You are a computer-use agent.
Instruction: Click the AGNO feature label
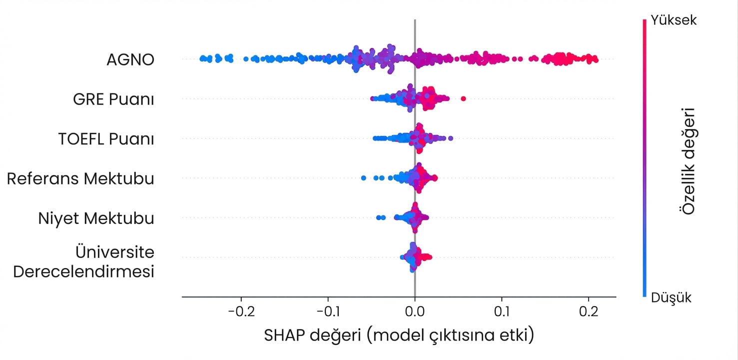coord(130,59)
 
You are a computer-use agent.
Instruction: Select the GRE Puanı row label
coord(113,99)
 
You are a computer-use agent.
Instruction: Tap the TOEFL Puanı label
coord(106,139)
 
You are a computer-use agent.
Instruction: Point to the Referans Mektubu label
coord(80,178)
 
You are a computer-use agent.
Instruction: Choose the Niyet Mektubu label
coord(96,218)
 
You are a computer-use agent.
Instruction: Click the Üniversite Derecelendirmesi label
coord(83,262)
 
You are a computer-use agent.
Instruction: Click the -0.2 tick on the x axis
coord(241,311)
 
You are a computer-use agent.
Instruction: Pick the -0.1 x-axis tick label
coord(328,311)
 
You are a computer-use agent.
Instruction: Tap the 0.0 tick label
coord(415,311)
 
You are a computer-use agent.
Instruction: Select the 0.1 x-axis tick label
coord(502,311)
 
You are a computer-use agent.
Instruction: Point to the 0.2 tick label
coord(589,311)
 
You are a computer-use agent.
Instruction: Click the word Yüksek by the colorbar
coord(674,20)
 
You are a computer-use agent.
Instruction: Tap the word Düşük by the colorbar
coord(671,297)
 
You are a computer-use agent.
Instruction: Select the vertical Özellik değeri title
coord(688,161)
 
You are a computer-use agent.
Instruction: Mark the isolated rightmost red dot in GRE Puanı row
coord(463,98)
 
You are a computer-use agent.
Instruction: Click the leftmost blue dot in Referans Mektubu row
coord(363,178)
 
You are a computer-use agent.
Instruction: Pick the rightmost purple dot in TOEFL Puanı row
coord(451,138)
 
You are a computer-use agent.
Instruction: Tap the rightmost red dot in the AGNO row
coord(596,60)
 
